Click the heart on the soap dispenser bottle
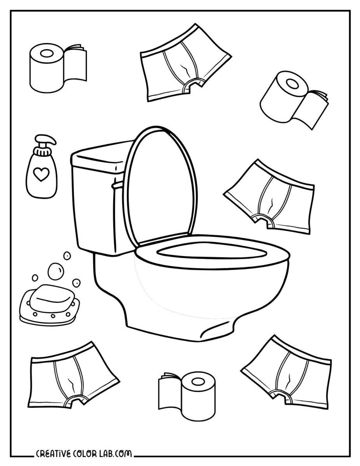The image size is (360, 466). (x=40, y=176)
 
